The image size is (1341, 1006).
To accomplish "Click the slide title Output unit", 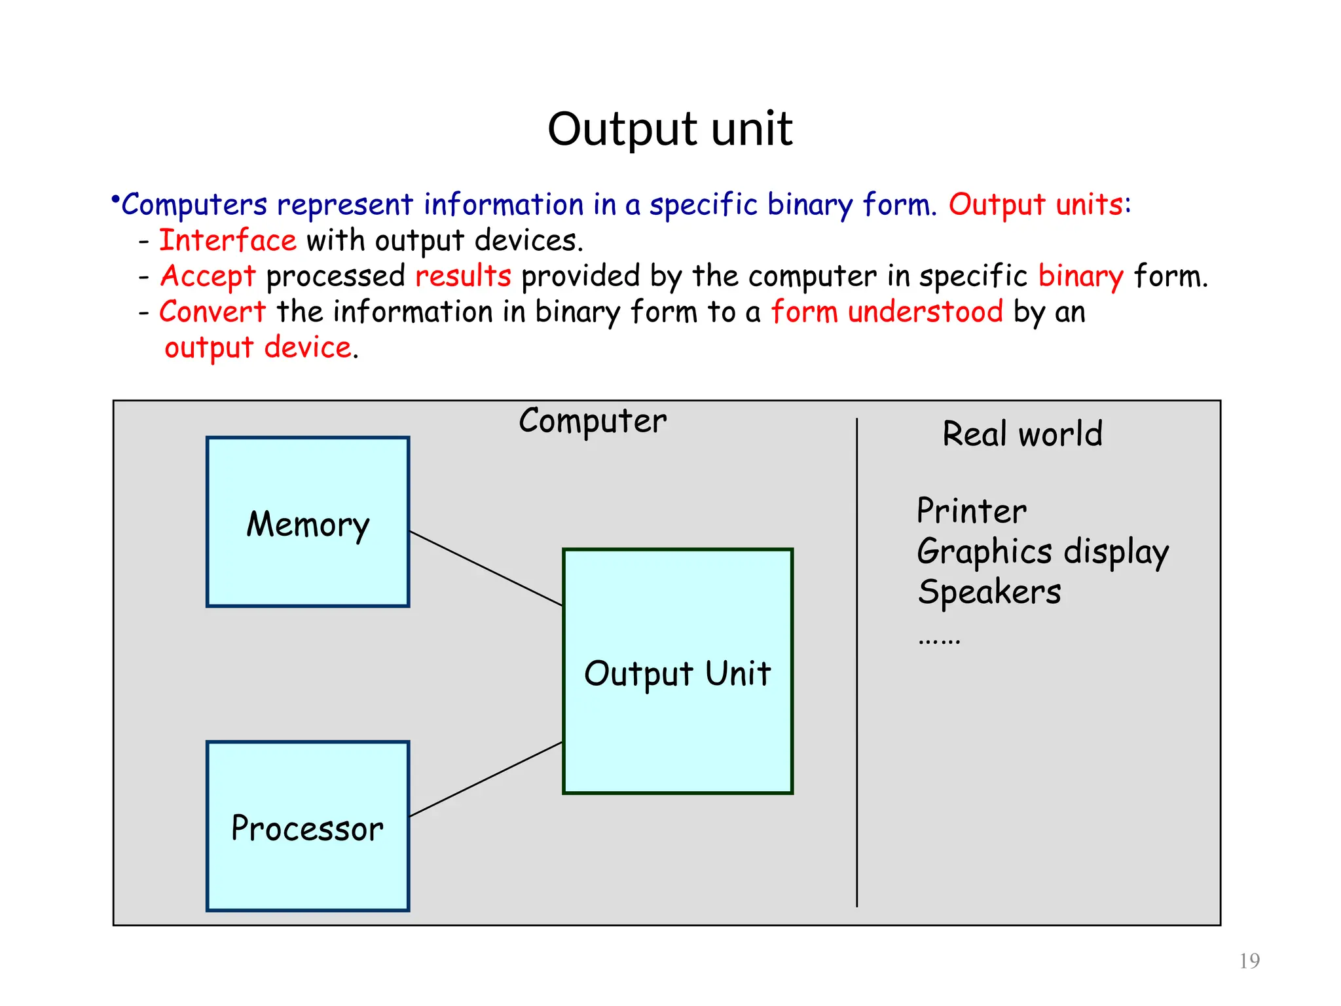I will click(670, 129).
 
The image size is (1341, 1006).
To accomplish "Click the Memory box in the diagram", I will click(308, 522).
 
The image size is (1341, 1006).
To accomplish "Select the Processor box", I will click(308, 826).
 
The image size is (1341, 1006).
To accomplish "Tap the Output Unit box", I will click(678, 671).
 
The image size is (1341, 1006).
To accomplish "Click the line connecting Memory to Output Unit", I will click(486, 568).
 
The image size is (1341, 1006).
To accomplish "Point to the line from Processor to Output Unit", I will click(486, 779).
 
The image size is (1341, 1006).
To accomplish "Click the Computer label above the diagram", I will click(593, 420).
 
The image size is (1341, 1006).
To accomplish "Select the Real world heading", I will click(1022, 434).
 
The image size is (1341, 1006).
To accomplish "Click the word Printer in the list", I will click(971, 511).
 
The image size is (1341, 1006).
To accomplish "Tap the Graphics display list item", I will click(1042, 551).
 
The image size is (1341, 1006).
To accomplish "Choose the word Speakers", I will click(989, 592).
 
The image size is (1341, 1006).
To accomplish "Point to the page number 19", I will click(1249, 961).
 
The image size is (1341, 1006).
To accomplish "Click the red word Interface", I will click(228, 240).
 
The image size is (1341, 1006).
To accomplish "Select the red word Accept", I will click(208, 276).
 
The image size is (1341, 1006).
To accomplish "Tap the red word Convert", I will click(213, 311).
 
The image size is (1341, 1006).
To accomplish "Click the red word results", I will click(463, 276).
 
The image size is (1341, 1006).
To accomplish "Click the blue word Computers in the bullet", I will click(194, 204).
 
